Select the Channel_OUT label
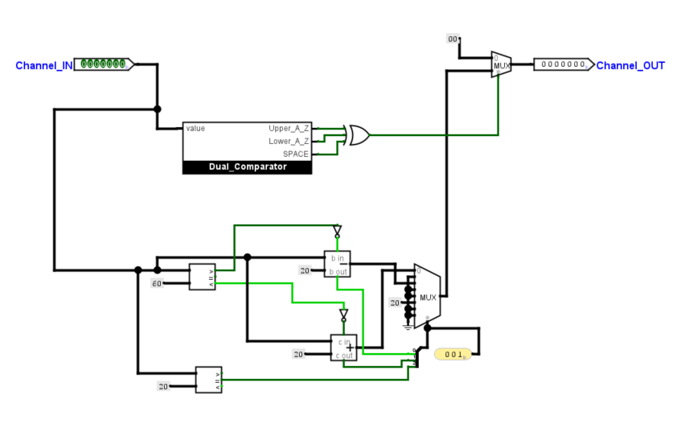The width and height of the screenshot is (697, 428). (630, 65)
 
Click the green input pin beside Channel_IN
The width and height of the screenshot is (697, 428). (105, 64)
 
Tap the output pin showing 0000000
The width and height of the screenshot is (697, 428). (564, 64)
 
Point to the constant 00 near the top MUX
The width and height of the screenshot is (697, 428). (453, 39)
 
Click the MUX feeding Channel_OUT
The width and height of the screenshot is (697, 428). (502, 64)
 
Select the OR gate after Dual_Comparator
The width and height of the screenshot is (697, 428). (357, 135)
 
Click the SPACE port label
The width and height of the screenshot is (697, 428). (295, 154)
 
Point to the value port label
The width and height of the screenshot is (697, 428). (195, 129)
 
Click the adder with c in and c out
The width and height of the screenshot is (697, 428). (344, 348)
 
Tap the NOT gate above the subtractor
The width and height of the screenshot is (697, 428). (338, 231)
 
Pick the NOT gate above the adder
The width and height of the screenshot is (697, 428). (344, 314)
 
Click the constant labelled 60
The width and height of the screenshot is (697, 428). (158, 283)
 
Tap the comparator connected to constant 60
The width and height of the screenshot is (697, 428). (202, 277)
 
